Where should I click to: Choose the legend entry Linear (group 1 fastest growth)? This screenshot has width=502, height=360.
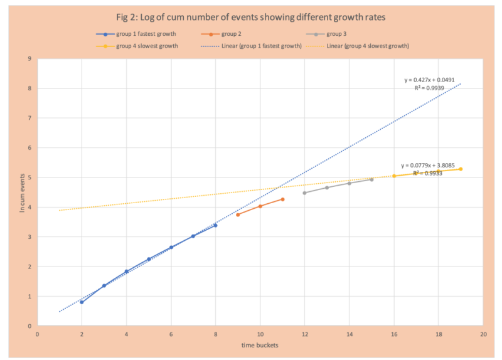click(x=254, y=46)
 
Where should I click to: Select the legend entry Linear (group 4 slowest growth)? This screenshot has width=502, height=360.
click(x=368, y=46)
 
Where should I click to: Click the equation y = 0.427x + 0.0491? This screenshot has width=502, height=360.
click(x=429, y=80)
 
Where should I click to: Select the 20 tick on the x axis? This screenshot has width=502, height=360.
click(x=483, y=334)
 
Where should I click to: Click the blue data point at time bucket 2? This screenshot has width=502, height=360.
click(x=82, y=302)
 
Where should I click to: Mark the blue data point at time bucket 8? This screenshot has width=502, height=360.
click(x=215, y=225)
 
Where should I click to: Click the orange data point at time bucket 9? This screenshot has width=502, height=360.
click(x=238, y=214)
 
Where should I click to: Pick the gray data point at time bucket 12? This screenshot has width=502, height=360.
click(x=304, y=193)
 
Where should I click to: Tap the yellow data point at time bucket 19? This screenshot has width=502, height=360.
click(x=461, y=169)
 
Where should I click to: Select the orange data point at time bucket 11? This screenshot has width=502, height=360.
click(x=282, y=199)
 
